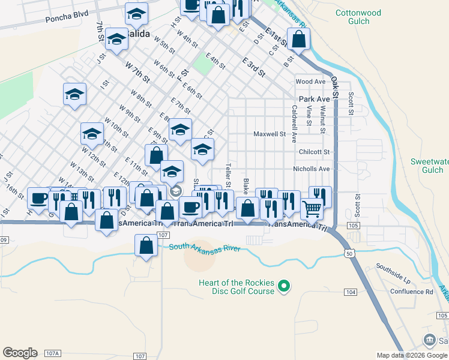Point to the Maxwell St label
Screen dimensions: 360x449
269,134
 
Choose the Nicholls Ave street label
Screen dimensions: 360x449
311,169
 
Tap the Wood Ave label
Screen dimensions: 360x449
310,82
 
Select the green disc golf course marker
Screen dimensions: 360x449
286,287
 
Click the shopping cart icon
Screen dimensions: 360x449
312,209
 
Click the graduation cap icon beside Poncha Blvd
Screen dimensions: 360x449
136,13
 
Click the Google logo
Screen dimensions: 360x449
20,352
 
